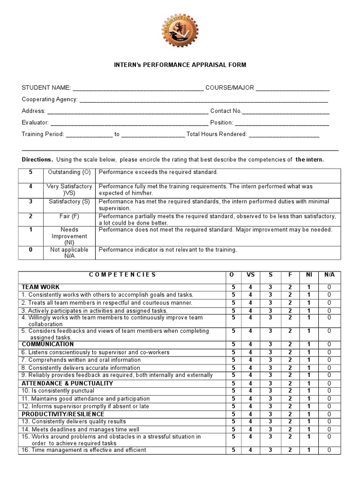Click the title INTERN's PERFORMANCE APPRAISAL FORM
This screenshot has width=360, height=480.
pos(180,65)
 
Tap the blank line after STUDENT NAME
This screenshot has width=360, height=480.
pos(138,88)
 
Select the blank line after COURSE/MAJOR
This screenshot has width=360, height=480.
pos(292,88)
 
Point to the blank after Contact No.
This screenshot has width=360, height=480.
pos(286,111)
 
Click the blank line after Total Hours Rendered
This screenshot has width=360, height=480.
pos(284,134)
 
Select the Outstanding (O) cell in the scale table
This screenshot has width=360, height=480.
pos(69,172)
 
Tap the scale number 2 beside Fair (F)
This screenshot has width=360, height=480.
pos(30,217)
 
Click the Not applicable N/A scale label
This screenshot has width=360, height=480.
pos(69,253)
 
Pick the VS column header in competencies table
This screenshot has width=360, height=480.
pos(251,275)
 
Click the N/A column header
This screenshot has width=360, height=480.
pos(329,275)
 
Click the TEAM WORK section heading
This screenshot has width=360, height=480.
pos(40,287)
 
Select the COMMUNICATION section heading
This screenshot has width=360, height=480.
pos(48,344)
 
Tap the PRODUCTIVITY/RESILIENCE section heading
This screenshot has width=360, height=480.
pos(63,414)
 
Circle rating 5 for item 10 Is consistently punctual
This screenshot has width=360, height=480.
pos(233,390)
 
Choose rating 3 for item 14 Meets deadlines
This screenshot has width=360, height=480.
pos(270,429)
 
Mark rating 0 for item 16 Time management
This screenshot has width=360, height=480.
pos(329,450)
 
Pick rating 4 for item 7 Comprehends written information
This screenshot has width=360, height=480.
pos(251,360)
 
